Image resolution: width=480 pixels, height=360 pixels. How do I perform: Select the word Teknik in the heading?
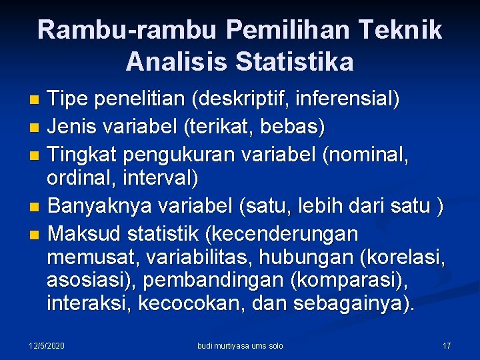(403, 30)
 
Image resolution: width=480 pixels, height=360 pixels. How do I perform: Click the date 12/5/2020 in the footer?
(47, 345)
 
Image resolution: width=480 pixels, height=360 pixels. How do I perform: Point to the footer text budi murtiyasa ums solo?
(240, 345)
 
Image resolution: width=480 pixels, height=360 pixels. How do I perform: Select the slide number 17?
(446, 345)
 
